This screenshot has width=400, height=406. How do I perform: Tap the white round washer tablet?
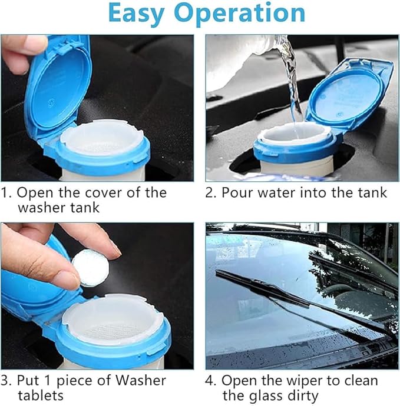90,268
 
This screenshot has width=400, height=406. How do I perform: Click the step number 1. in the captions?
7,193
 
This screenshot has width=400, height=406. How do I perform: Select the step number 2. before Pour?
211,193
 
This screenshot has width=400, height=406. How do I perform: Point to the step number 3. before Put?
7,381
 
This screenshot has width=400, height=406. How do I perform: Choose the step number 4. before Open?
211,381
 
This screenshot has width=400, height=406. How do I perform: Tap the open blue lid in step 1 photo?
56,85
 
